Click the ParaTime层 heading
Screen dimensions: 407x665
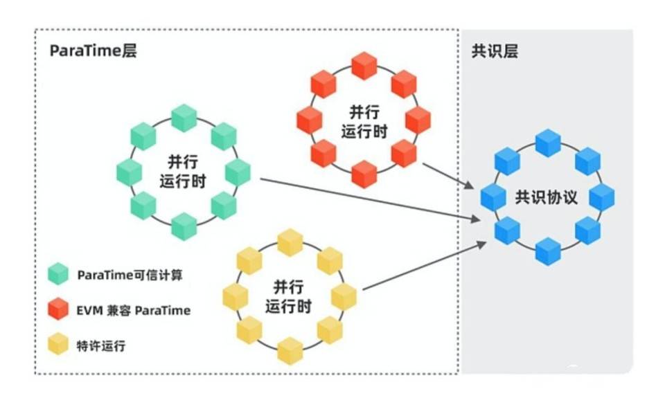[93, 52]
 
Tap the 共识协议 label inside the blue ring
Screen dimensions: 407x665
[546, 197]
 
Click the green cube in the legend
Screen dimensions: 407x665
[59, 275]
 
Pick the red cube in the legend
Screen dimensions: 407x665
[59, 309]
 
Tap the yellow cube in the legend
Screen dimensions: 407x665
[59, 345]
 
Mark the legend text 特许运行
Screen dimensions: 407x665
[101, 345]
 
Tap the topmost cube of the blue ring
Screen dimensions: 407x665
[547, 142]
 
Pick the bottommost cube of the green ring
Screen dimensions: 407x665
[184, 226]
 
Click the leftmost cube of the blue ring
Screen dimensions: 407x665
[493, 198]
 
